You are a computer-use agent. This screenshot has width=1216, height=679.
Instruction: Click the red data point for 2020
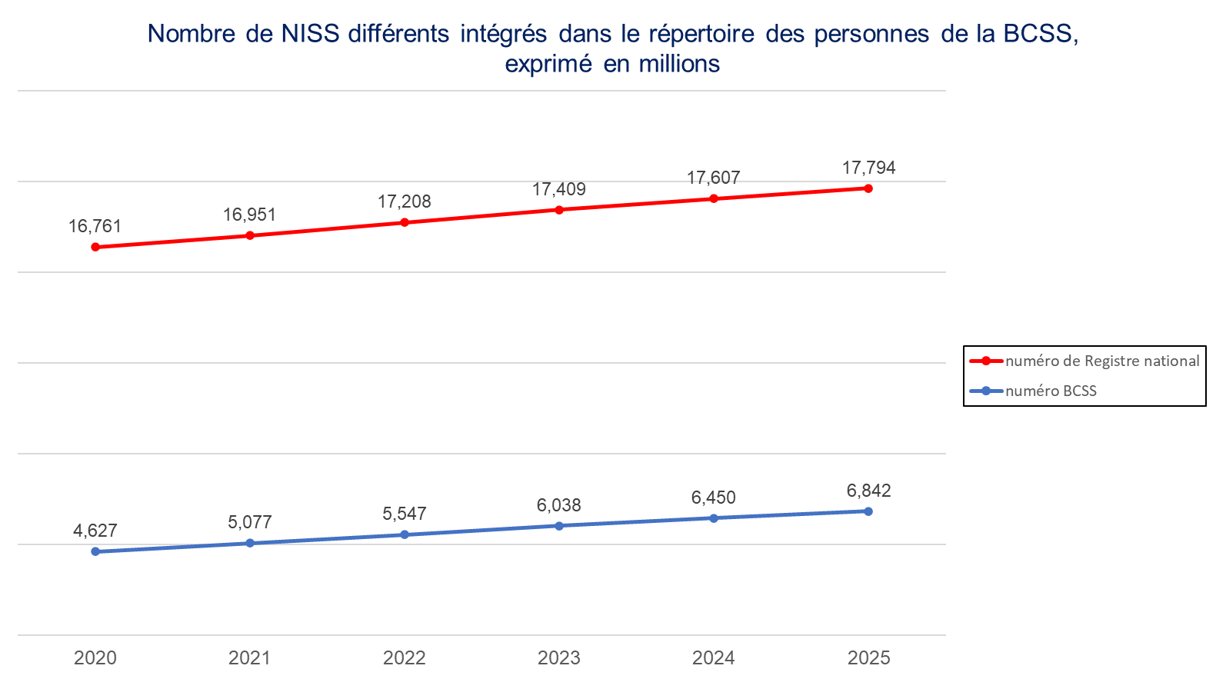tap(95, 247)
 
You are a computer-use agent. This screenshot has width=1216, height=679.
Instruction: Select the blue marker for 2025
tap(868, 511)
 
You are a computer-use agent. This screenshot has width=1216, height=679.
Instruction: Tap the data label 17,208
tap(404, 201)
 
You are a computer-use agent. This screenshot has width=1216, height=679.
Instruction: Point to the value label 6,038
tap(558, 505)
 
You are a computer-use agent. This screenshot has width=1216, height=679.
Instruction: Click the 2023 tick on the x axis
tap(558, 657)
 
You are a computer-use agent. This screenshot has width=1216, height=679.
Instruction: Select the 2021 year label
tap(249, 657)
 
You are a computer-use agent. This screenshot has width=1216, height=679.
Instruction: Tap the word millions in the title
tap(679, 64)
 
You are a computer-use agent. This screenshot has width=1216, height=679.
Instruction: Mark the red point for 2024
tap(714, 198)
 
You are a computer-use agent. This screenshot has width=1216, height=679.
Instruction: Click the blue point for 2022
tap(405, 534)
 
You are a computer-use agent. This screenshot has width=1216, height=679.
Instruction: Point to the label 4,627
tap(95, 531)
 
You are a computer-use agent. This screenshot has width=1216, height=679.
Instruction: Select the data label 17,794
tap(868, 168)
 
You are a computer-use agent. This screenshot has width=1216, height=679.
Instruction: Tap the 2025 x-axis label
tap(868, 657)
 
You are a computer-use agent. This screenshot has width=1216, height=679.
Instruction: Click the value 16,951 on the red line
tap(249, 215)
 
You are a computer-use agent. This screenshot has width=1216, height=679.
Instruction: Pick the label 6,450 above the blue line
tap(713, 498)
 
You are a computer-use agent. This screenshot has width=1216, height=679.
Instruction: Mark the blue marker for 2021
tap(249, 543)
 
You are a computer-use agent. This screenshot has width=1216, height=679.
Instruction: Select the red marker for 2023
tap(559, 210)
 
